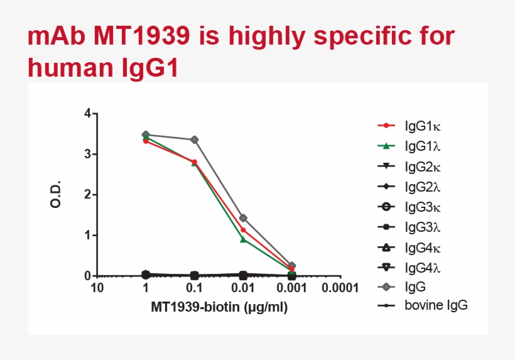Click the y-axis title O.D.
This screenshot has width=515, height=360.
[56, 195]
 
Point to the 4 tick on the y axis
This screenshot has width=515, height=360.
[87, 114]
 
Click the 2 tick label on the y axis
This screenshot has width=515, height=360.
[87, 195]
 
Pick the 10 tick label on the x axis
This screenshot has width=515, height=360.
[97, 288]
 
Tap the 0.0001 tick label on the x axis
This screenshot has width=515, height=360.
[340, 288]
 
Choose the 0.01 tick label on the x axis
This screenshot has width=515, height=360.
[243, 288]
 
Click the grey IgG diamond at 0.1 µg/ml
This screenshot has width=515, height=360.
[195, 139]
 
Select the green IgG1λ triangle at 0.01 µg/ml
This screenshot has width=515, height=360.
[243, 239]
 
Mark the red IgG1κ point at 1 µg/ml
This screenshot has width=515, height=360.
[146, 141]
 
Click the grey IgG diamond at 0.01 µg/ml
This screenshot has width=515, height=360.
[243, 218]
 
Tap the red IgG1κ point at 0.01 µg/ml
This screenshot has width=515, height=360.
[243, 230]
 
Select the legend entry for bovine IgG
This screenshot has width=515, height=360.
[436, 306]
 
